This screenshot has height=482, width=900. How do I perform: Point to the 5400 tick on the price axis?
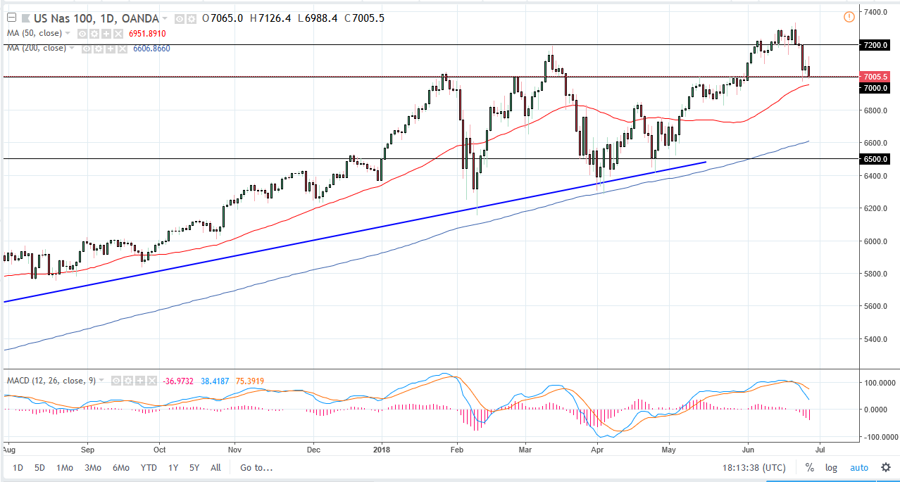[x=876, y=339]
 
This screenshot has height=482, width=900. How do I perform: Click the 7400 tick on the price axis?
[x=876, y=13]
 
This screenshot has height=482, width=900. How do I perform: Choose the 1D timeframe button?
[x=18, y=467]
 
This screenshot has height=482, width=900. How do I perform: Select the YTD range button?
[x=149, y=467]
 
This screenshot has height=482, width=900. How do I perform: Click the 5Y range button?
[x=194, y=467]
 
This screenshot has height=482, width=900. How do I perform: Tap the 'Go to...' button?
[x=256, y=467]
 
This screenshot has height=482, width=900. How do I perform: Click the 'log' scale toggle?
[x=832, y=467]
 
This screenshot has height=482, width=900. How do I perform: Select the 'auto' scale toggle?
[x=859, y=467]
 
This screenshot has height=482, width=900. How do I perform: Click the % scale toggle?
[x=810, y=467]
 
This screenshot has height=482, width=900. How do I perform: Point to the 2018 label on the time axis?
[x=381, y=448]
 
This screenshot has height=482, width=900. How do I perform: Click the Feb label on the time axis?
[x=457, y=448]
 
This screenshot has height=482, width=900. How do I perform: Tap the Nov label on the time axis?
[x=235, y=448]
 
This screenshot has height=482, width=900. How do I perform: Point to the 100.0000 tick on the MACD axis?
[x=880, y=383]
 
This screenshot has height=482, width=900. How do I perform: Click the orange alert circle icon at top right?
[x=849, y=16]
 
